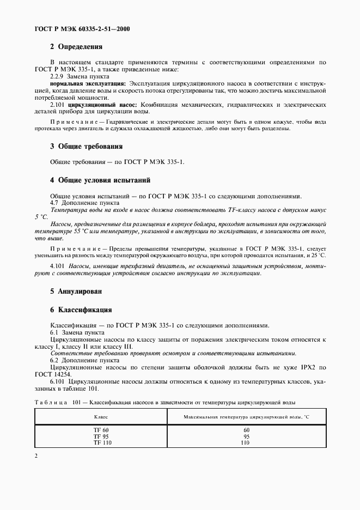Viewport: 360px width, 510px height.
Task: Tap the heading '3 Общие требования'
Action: click(86, 147)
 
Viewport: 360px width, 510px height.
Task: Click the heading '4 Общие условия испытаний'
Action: click(100, 180)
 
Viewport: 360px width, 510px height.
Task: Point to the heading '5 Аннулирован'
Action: click(76, 292)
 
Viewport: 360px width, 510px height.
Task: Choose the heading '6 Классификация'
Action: click(81, 310)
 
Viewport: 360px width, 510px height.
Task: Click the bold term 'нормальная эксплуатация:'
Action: click(88, 83)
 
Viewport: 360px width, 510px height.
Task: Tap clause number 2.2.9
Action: click(57, 76)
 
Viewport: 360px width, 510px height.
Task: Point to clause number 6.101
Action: click(58, 381)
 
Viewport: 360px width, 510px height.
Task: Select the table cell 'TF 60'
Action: click(101, 430)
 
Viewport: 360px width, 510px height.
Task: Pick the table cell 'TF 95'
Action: click(101, 436)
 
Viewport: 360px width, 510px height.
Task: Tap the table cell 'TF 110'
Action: click(101, 442)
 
